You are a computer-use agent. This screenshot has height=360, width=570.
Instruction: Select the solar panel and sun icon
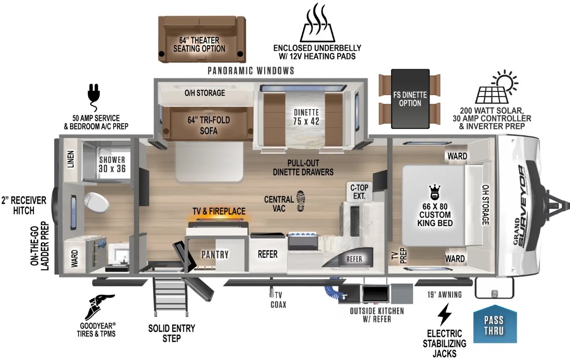[495, 89]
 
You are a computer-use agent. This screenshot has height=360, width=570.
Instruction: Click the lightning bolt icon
[444, 315]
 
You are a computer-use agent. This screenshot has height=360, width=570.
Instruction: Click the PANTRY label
[215, 255]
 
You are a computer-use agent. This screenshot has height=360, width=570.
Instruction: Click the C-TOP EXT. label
[359, 192]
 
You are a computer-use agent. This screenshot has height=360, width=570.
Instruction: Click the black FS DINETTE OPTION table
[410, 99]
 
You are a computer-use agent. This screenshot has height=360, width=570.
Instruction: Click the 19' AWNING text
[444, 295]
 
